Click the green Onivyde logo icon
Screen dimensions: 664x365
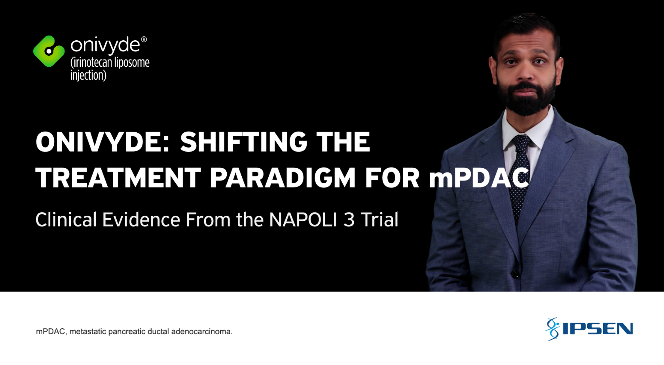pyautogui.click(x=49, y=51)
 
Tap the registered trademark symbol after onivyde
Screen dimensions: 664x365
pyautogui.click(x=144, y=40)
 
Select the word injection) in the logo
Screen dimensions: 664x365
pyautogui.click(x=88, y=75)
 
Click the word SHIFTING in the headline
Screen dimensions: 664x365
pyautogui.click(x=243, y=142)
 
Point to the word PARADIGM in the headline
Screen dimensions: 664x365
pyautogui.click(x=283, y=178)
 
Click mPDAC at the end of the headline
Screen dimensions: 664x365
pyautogui.click(x=479, y=178)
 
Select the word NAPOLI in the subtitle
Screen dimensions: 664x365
pyautogui.click(x=303, y=220)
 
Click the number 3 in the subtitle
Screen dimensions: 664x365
pyautogui.click(x=349, y=220)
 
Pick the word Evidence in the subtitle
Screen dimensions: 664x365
pyautogui.click(x=141, y=220)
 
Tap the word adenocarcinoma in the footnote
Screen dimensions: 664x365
pyautogui.click(x=202, y=331)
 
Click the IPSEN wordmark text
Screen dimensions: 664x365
pyautogui.click(x=598, y=329)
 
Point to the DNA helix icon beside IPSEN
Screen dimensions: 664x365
pyautogui.click(x=552, y=329)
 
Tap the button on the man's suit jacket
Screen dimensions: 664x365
pyautogui.click(x=516, y=275)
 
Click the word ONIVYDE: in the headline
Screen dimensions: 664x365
pyautogui.click(x=102, y=142)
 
